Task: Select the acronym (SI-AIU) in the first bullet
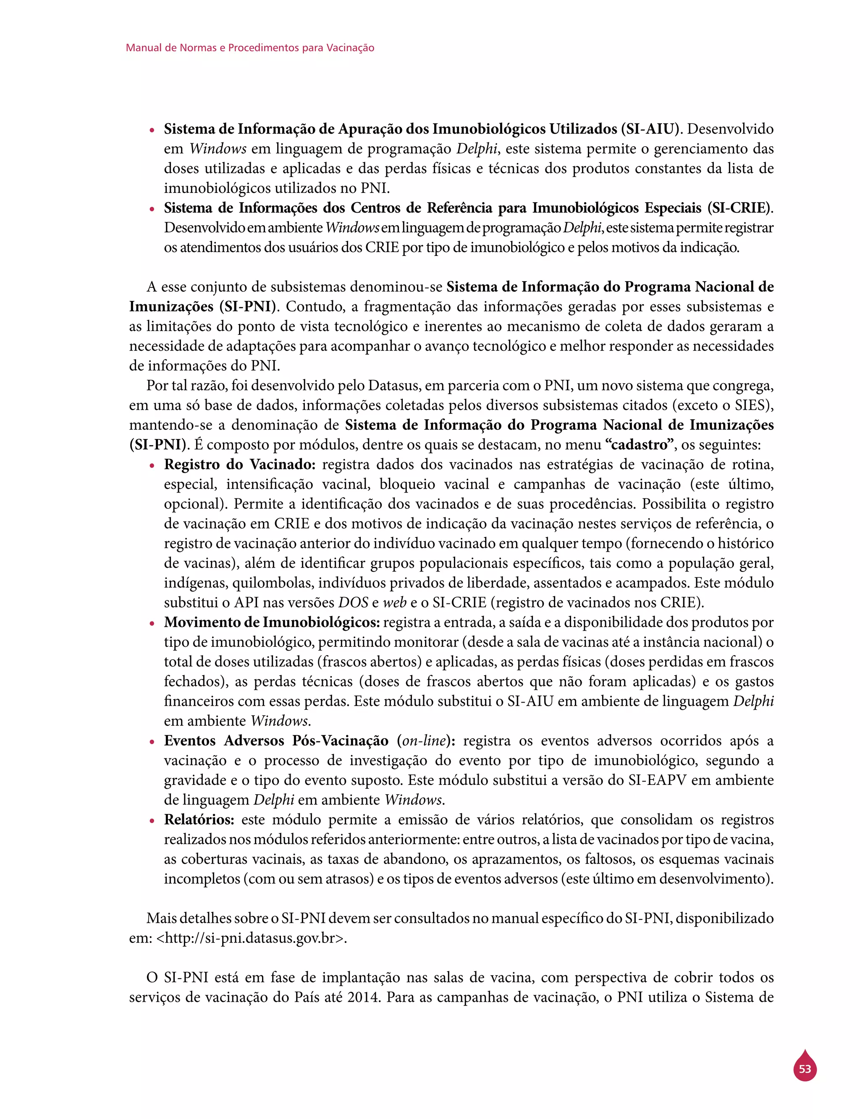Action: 651,129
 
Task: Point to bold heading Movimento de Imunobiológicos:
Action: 272,622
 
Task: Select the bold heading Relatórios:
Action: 199,819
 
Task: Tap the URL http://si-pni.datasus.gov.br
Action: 249,938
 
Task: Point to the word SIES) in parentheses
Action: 754,405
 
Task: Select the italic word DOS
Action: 353,602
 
